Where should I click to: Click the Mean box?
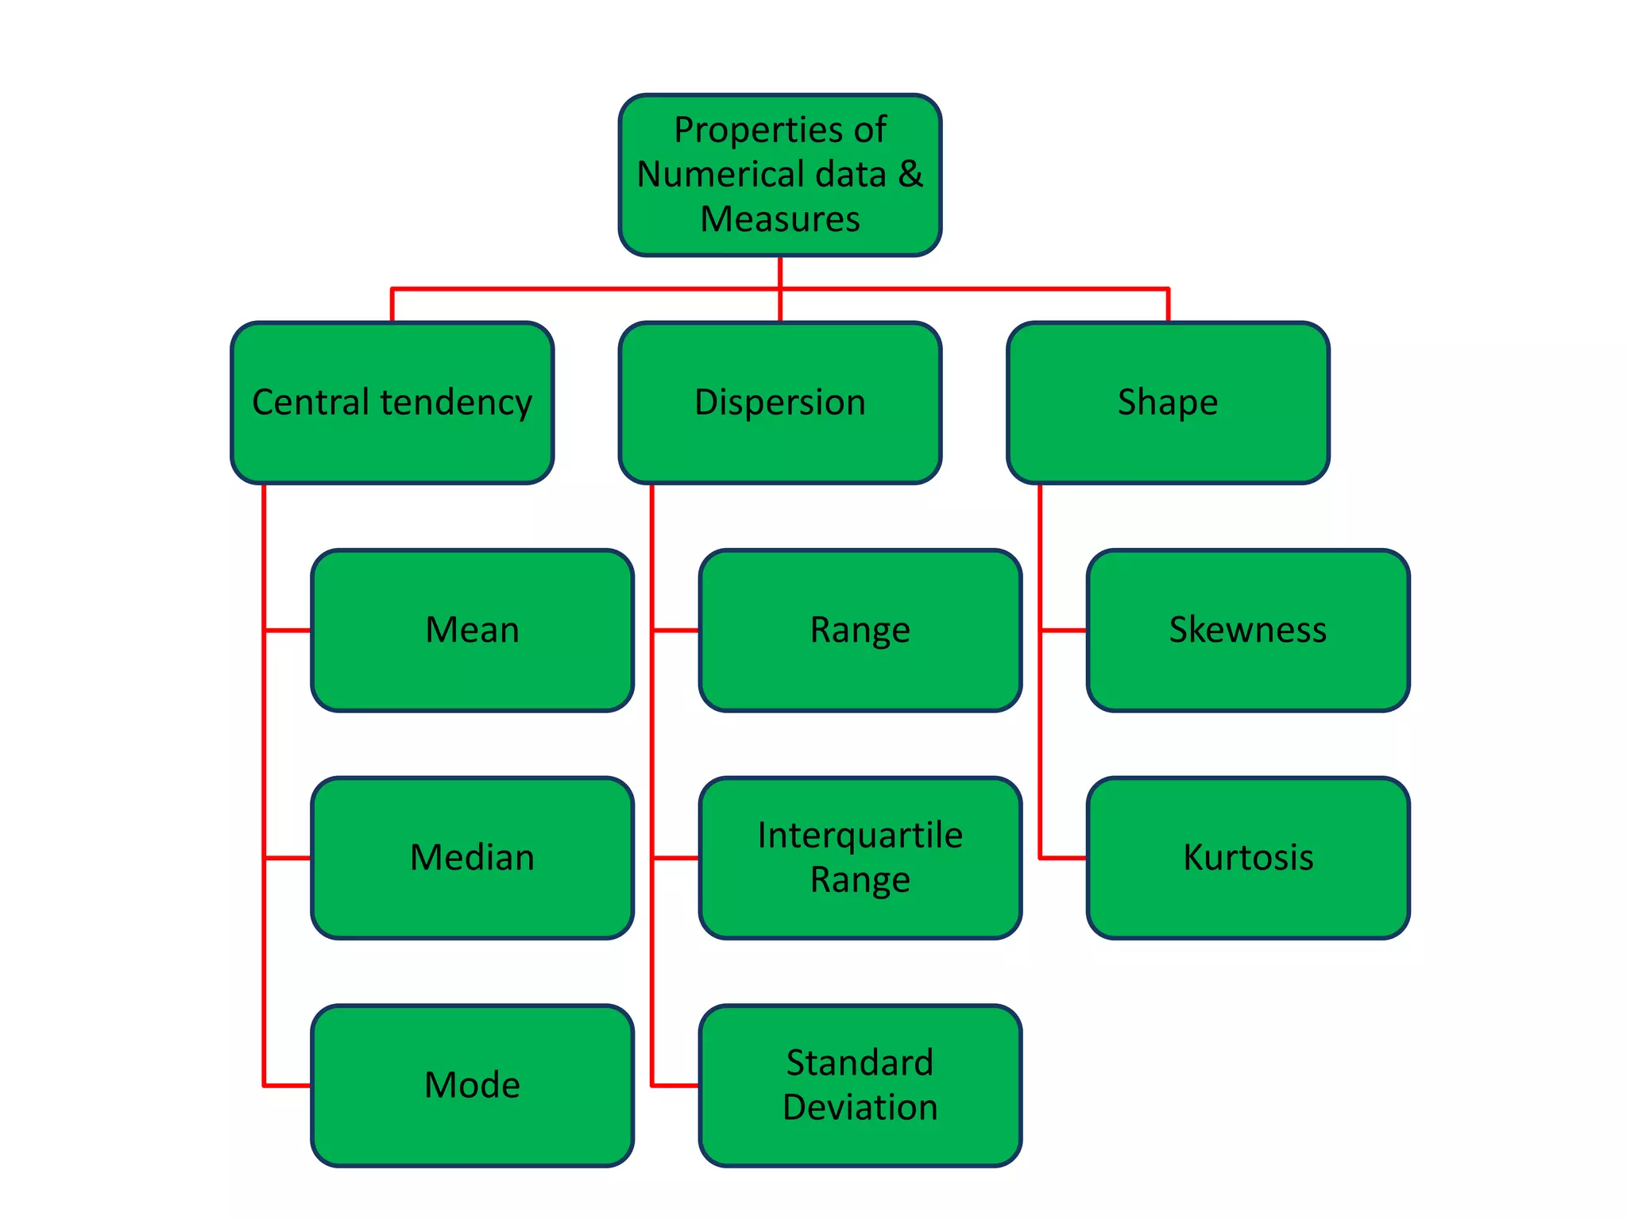(472, 630)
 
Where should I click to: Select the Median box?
(472, 858)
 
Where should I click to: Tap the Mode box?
(472, 1085)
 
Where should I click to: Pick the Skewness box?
(1247, 630)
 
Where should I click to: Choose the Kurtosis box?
(1247, 858)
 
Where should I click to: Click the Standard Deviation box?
(860, 1085)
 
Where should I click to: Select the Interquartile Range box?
(860, 858)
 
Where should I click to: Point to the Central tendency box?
(392, 402)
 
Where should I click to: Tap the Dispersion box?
(779, 402)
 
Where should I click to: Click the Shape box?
(1167, 402)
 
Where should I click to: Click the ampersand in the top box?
(910, 174)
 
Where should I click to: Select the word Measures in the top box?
(779, 218)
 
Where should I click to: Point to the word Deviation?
(860, 1107)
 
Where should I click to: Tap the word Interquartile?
(860, 836)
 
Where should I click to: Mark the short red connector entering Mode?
(287, 1085)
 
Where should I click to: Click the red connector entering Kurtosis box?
(1063, 858)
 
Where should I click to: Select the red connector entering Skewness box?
(1063, 631)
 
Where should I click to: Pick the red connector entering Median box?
(287, 858)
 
